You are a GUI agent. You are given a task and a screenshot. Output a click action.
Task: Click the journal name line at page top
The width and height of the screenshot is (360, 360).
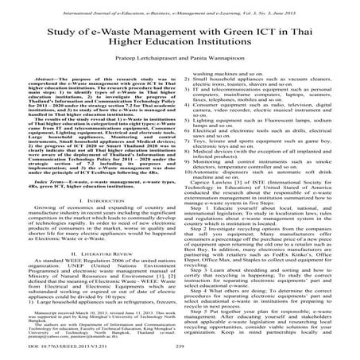pyautogui.click(x=180, y=6)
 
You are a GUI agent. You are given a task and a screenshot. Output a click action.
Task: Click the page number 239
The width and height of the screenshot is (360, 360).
pyautogui.click(x=180, y=350)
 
